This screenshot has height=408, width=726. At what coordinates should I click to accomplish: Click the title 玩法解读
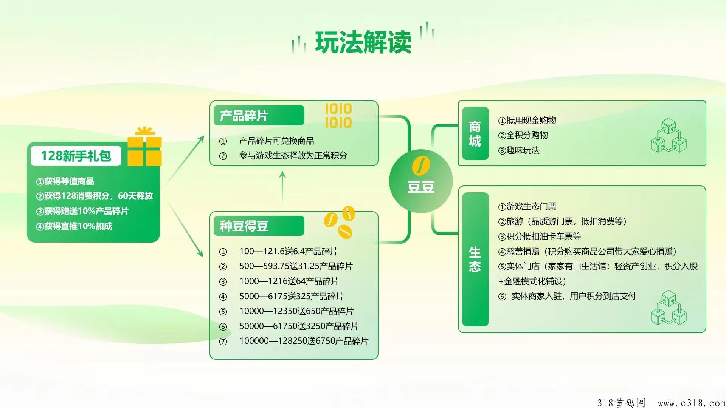pos(363,42)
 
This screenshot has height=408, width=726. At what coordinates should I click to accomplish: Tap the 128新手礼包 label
pos(76,156)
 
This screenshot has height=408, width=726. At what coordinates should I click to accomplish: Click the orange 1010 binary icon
pos(338,116)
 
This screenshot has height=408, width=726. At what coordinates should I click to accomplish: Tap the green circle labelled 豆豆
pos(421,181)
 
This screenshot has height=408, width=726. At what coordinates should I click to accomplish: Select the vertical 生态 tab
pos(475,259)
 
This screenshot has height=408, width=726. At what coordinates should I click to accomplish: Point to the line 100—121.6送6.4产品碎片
pos(289,251)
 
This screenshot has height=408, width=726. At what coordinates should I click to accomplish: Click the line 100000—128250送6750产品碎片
pos(304,341)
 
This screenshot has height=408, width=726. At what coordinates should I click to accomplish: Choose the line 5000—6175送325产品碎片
pos(292,296)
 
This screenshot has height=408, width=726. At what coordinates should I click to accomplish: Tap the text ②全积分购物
pos(523,135)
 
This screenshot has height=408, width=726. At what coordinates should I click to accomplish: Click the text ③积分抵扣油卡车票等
pos(540,236)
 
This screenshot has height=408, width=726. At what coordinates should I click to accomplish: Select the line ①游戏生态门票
pos(527,207)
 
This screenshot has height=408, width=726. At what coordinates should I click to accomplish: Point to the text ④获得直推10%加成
pos(74,226)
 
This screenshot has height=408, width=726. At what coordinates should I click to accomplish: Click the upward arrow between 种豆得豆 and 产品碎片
pos(282,188)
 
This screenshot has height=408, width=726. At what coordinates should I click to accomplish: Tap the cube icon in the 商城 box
pos(669,135)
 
